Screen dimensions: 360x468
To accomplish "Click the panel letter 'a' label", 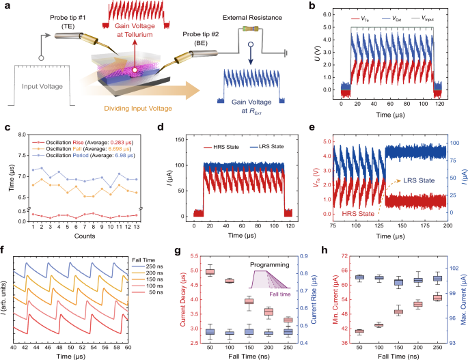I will pos(8,6).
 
